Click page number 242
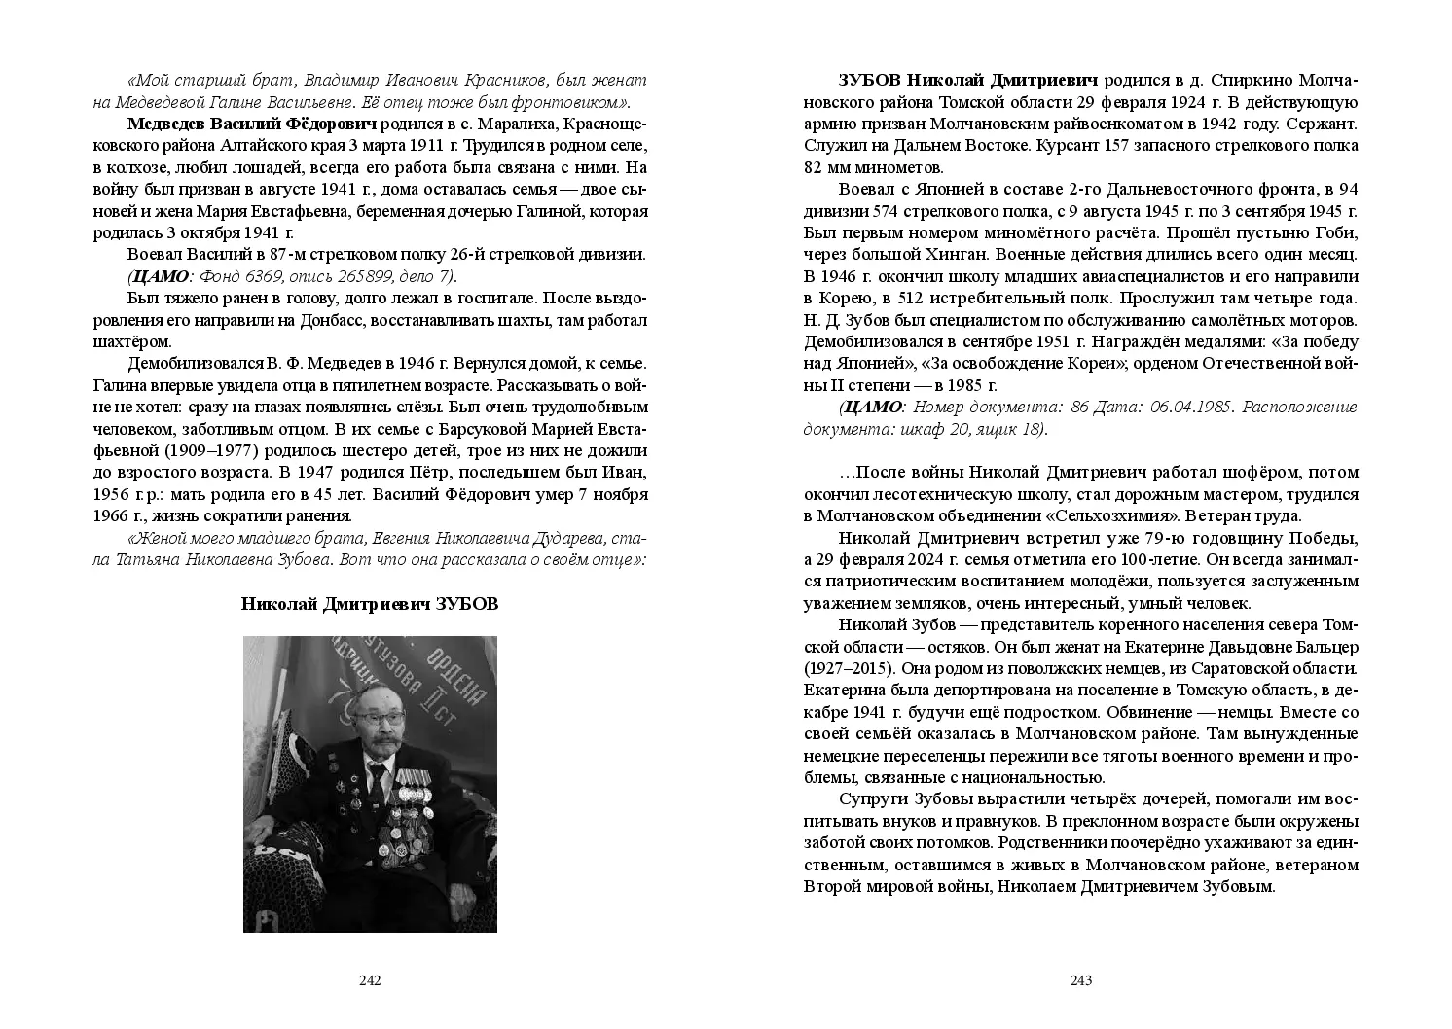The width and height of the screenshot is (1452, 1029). pos(370,980)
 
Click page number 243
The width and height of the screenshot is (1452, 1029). pos(1081,980)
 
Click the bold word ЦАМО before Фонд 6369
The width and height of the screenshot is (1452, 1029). pos(159,276)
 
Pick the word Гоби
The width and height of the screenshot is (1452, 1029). pos(1340,233)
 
